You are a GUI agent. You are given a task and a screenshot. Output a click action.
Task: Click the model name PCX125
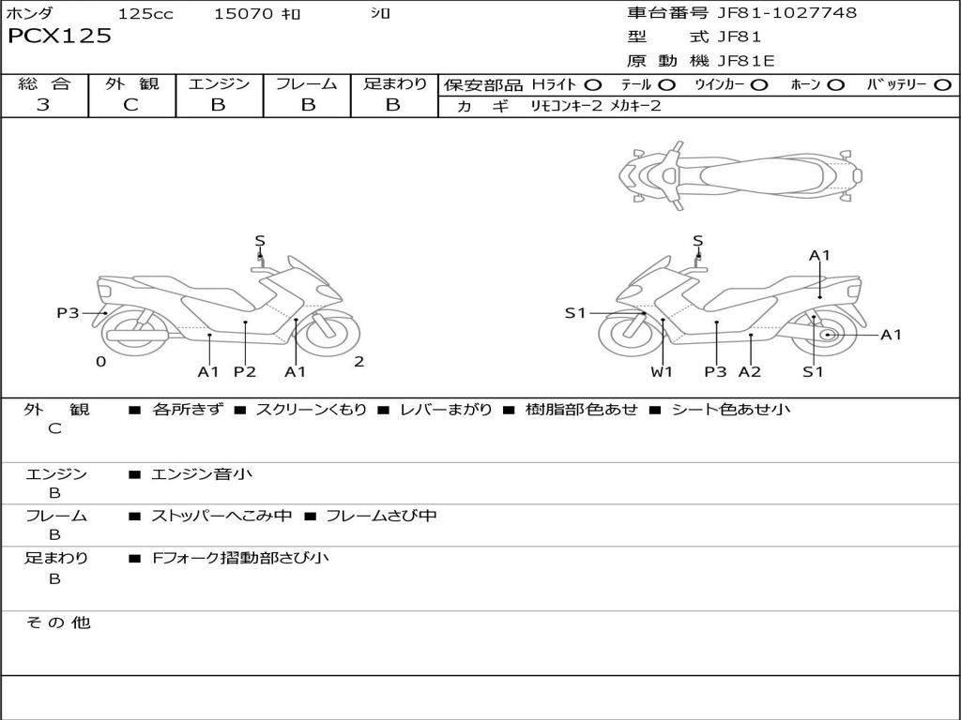59,37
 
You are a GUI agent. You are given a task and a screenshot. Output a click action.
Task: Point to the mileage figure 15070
243,14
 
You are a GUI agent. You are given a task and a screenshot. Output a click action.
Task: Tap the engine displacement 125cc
145,14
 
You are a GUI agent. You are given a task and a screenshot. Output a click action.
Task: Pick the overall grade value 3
43,105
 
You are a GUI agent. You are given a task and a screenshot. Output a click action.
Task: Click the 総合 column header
44,83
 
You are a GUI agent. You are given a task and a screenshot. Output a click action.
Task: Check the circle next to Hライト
593,85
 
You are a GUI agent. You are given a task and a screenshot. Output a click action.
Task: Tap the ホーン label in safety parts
805,85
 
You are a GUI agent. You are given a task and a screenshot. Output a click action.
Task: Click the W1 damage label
663,372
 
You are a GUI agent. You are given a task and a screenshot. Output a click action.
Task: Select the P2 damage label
245,372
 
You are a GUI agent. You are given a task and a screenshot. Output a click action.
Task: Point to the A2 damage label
750,372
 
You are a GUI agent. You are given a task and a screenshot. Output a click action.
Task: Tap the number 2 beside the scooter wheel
358,362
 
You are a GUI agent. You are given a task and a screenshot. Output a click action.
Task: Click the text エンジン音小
202,474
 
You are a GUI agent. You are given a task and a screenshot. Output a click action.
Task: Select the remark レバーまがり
446,410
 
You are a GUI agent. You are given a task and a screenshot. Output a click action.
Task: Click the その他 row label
57,622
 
